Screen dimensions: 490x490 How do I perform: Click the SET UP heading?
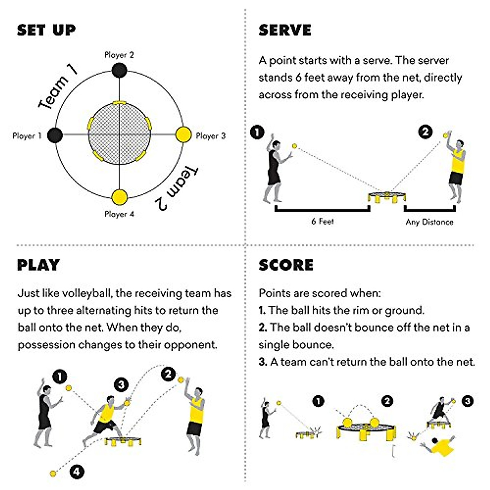click(x=46, y=30)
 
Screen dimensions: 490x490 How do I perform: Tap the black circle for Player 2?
click(x=119, y=71)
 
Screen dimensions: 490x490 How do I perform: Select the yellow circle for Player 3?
click(x=183, y=135)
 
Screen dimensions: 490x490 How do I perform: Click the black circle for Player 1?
click(x=55, y=135)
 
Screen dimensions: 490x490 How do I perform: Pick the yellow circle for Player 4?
click(x=119, y=197)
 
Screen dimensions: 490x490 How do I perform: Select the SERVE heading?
click(x=285, y=30)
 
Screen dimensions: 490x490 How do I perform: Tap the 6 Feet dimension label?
click(x=322, y=221)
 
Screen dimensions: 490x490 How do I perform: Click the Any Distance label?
click(x=429, y=222)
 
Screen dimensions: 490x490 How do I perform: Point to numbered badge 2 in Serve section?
click(x=425, y=131)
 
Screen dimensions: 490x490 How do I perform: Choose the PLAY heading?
click(x=38, y=265)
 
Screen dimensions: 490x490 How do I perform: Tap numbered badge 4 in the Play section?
click(x=76, y=472)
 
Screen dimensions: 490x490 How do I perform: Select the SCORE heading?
click(x=286, y=265)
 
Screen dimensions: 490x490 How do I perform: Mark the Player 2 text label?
click(x=119, y=55)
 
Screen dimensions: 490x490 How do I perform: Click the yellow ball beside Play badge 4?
click(x=53, y=474)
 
